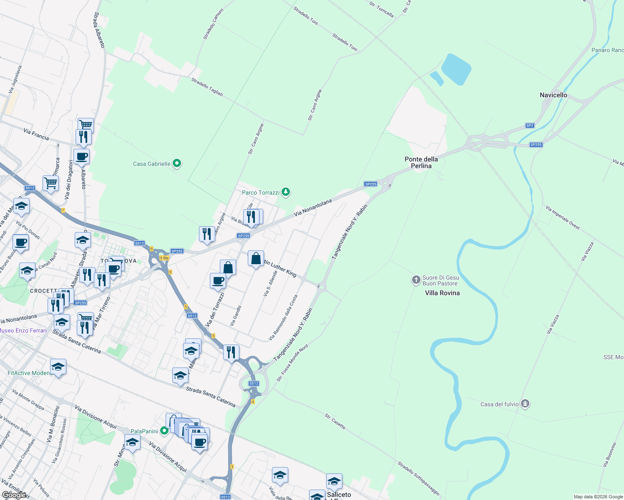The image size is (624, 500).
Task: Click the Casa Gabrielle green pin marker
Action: tap(177, 163)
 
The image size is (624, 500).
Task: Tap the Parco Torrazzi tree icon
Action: tap(285, 192)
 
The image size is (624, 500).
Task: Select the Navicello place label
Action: tap(553, 95)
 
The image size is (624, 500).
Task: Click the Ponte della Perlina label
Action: tap(421, 162)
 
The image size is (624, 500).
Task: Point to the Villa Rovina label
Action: tap(442, 293)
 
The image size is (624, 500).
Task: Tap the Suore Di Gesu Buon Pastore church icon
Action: tap(416, 280)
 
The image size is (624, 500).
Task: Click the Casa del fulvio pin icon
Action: tap(525, 404)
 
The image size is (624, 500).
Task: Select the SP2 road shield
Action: tap(529, 125)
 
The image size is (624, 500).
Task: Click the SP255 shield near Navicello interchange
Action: tap(536, 145)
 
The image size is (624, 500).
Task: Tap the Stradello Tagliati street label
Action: tap(207, 87)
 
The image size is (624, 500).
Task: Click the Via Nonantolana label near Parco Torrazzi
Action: tap(313, 207)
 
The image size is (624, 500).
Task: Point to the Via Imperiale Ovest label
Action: tap(563, 217)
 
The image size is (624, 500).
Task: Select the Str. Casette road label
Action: tap(335, 421)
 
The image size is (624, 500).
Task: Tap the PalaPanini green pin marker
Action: tap(164, 431)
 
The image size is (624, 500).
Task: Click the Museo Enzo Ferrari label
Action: tap(23, 330)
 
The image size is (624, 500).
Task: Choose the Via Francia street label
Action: tap(36, 134)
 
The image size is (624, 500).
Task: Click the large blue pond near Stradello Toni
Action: tap(456, 69)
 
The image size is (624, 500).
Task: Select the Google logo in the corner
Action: tap(14, 495)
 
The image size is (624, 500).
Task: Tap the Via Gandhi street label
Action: tap(236, 315)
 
